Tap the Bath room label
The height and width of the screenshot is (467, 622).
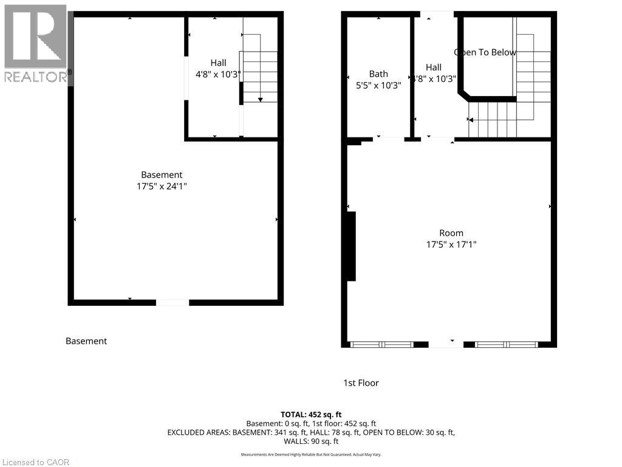(x=378, y=74)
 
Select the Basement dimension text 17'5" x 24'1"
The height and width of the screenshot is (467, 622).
(x=162, y=187)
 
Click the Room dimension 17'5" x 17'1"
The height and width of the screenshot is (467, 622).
(x=451, y=244)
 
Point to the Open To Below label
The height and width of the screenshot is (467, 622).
(x=485, y=52)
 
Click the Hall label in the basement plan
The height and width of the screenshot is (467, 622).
(x=218, y=63)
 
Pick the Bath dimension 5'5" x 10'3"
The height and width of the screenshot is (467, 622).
(x=378, y=86)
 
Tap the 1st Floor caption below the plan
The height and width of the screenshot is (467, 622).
(x=361, y=383)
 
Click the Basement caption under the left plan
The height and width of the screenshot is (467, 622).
(x=86, y=341)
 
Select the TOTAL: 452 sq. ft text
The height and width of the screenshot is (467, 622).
(x=310, y=415)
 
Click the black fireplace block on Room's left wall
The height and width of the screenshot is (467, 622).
(x=350, y=246)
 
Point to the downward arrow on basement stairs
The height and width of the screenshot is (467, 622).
(x=261, y=99)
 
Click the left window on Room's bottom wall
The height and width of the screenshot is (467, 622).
(x=382, y=344)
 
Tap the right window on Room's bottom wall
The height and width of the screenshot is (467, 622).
(x=507, y=344)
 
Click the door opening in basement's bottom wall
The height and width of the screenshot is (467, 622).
(x=173, y=302)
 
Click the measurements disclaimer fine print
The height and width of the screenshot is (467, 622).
(x=310, y=455)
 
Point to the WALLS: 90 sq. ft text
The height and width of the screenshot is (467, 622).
(x=310, y=441)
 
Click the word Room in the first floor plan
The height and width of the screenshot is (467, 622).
(x=451, y=233)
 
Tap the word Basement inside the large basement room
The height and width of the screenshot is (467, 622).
(x=162, y=175)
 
